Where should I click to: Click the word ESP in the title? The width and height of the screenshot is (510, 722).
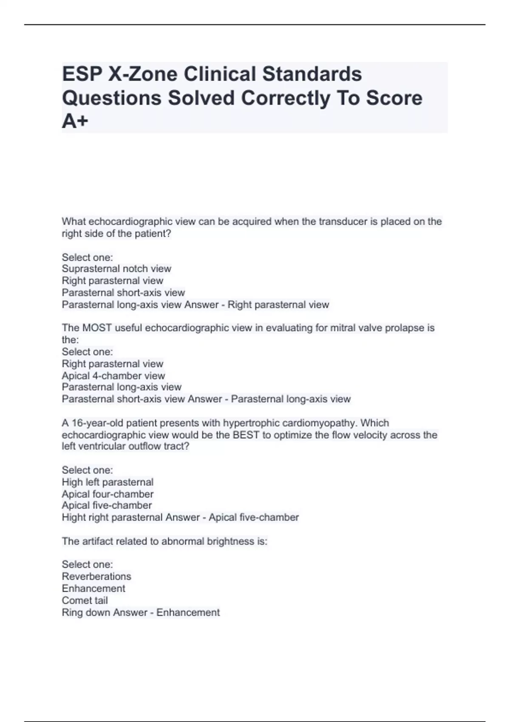click(x=82, y=74)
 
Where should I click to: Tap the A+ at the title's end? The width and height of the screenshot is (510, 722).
click(x=75, y=121)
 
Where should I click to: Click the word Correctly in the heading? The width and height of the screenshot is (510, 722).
click(x=286, y=98)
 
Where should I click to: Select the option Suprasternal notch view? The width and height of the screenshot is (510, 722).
click(x=116, y=269)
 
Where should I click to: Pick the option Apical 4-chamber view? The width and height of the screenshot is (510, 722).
click(x=113, y=376)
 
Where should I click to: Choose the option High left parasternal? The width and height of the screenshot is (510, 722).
click(x=108, y=482)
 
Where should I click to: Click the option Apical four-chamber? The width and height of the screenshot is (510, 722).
click(x=108, y=494)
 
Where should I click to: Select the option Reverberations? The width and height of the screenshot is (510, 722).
click(x=96, y=577)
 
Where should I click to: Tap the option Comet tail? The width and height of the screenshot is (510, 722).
click(x=85, y=601)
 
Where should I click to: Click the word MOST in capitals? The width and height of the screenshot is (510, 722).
click(x=97, y=328)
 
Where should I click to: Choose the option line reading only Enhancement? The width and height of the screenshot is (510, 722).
click(x=93, y=589)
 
